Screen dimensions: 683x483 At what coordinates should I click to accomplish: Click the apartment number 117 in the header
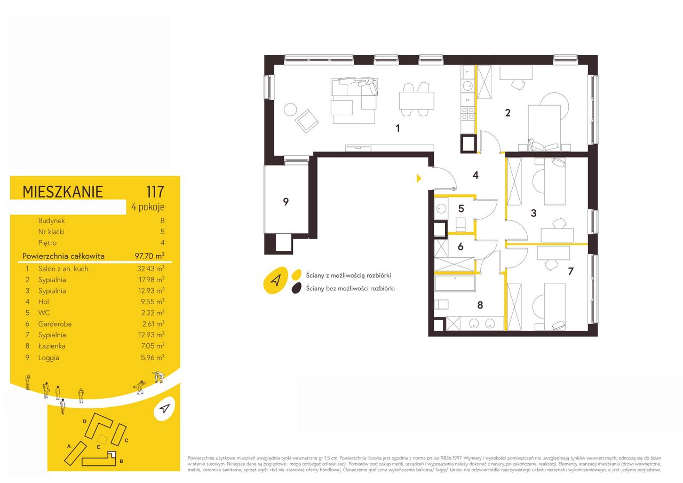[x=155, y=192]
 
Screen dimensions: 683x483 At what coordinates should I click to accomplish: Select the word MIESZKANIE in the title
[x=62, y=192]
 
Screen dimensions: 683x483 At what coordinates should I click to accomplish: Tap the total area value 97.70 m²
[x=150, y=256]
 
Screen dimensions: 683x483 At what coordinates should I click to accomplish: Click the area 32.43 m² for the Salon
[x=151, y=268]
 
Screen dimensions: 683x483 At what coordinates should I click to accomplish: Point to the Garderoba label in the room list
[x=55, y=324]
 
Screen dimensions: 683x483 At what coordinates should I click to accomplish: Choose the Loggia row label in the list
[x=49, y=358]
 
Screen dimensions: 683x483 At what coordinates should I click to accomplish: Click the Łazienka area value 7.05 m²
[x=153, y=346]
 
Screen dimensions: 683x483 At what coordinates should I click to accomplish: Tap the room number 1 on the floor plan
[x=398, y=129]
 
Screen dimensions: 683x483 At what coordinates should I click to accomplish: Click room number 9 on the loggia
[x=285, y=202]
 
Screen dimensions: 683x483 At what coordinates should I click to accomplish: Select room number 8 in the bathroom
[x=480, y=305]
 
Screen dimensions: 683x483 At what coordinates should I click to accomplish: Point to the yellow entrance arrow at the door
[x=419, y=178]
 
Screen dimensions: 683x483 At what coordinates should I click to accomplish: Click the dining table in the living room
[x=417, y=100]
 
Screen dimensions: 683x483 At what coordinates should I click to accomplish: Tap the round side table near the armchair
[x=290, y=109]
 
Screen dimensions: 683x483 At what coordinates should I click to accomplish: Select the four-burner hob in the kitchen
[x=468, y=113]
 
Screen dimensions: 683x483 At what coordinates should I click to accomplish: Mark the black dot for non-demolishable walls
[x=296, y=288]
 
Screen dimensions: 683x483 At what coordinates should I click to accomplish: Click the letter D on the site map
[x=85, y=422]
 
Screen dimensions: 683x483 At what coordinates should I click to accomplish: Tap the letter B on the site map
[x=121, y=461]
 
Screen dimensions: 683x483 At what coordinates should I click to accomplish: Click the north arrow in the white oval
[x=165, y=408]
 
